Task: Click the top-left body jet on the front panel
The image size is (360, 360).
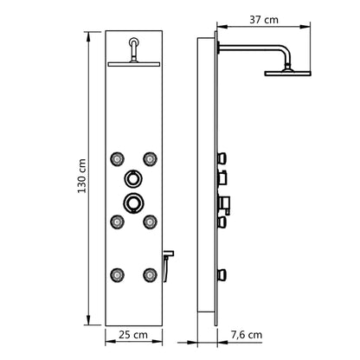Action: [x=116, y=158]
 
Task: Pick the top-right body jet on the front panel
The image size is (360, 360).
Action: [x=151, y=158]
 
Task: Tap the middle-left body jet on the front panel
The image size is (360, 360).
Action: [x=116, y=222]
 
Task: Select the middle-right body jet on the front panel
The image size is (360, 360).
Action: [x=151, y=222]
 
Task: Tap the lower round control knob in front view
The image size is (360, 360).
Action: [x=133, y=203]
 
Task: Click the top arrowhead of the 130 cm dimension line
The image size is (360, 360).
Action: [x=89, y=35]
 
